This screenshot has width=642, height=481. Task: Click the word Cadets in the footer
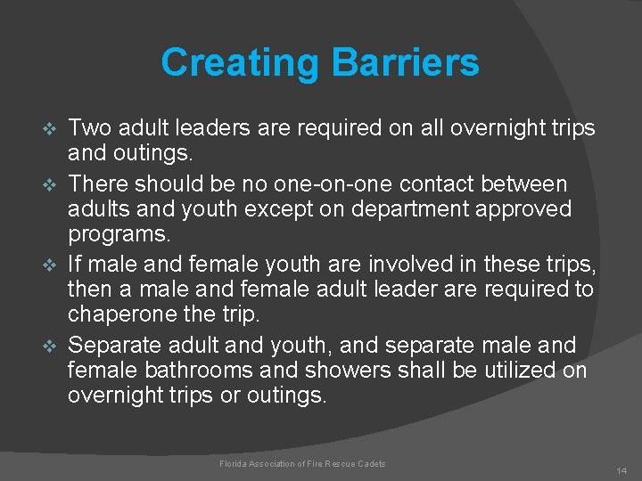tap(373, 463)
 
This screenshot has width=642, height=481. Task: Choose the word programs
tap(118, 235)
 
